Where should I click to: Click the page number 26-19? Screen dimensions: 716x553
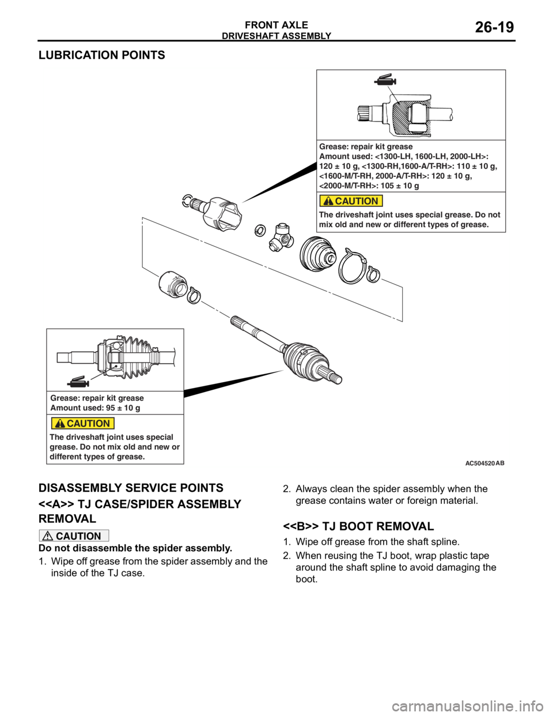click(494, 27)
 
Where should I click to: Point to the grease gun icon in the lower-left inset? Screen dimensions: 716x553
click(78, 381)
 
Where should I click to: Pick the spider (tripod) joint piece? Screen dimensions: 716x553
click(280, 235)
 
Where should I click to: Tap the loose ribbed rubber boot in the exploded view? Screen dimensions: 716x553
click(317, 253)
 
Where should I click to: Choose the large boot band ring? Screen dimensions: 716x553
click(352, 266)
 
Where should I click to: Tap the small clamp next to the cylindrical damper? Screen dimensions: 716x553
click(194, 295)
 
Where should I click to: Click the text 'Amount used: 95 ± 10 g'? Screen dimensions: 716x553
click(95, 408)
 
